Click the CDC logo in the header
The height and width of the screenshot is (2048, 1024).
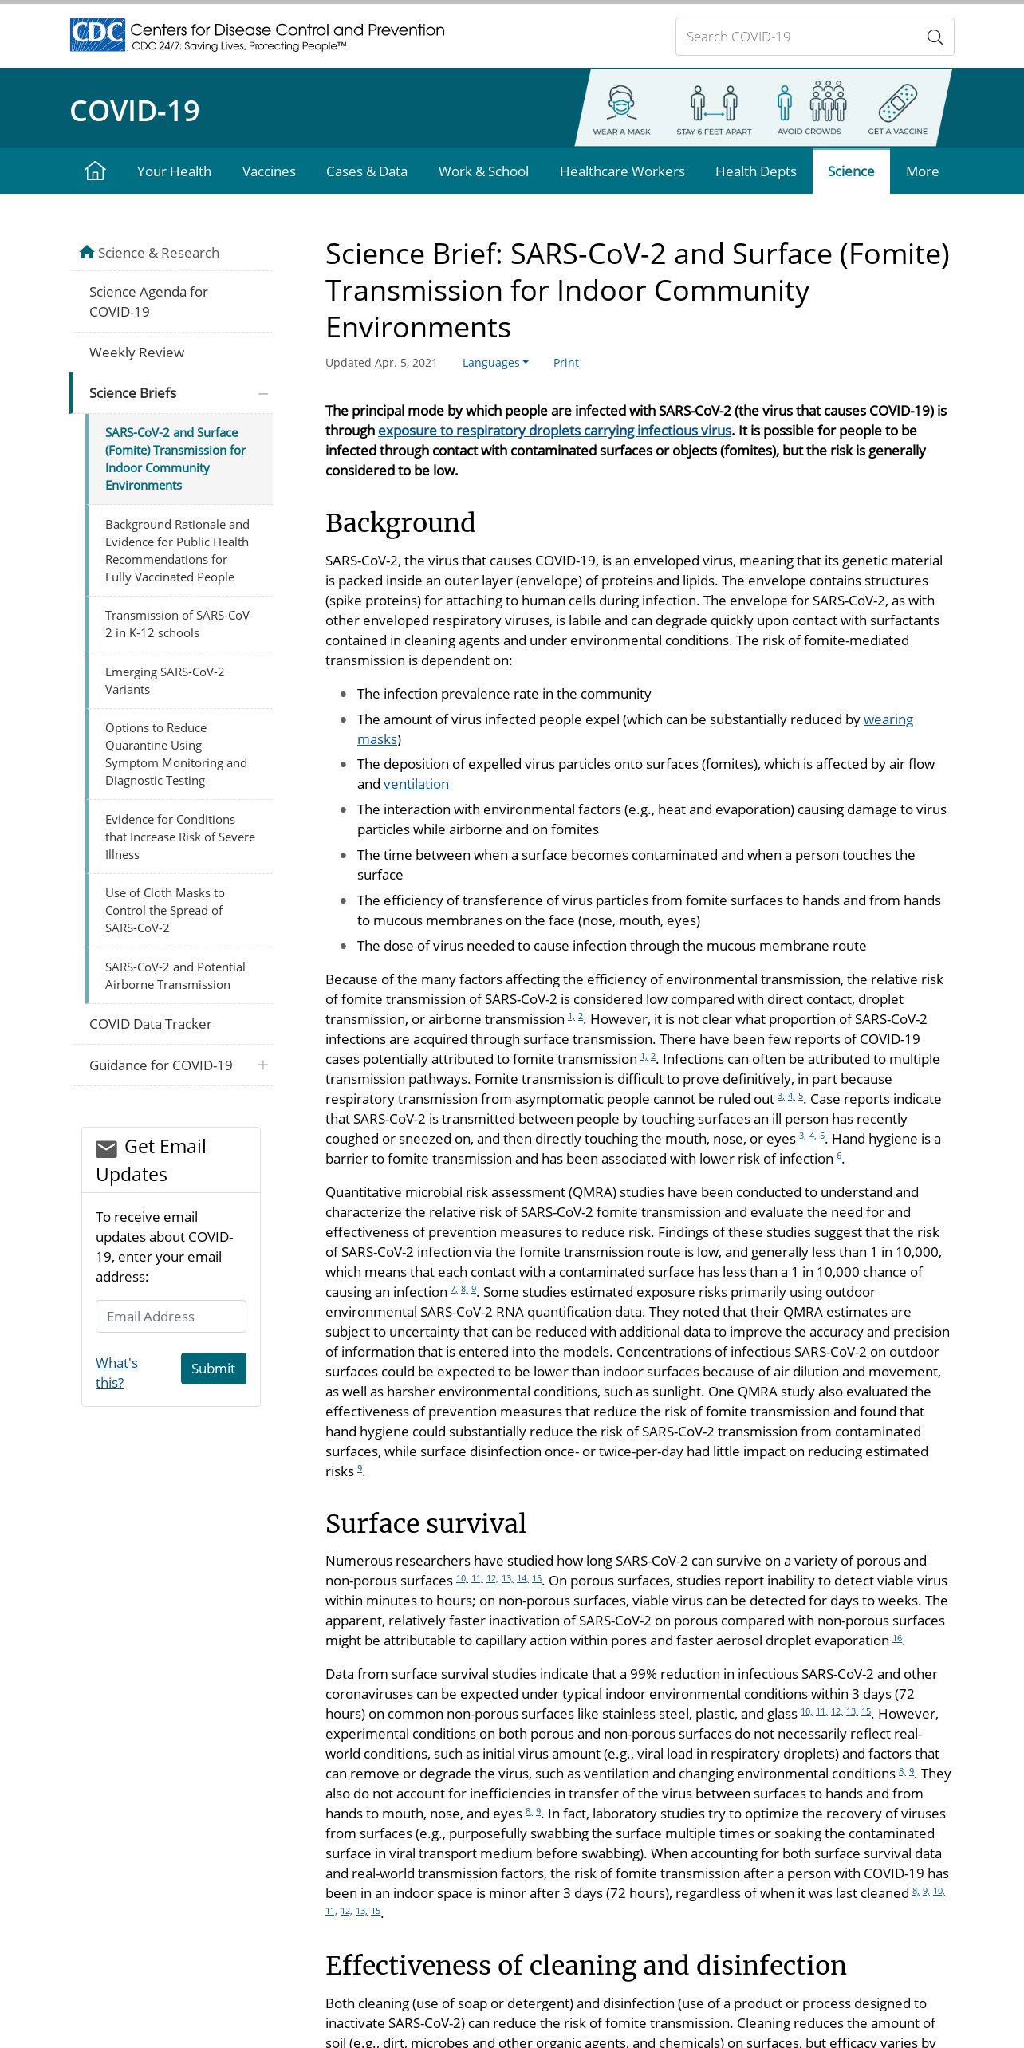click(x=97, y=35)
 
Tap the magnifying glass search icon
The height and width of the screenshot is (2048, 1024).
click(x=935, y=37)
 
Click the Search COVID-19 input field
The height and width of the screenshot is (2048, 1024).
click(x=798, y=37)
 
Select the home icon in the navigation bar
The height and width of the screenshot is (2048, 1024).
click(x=95, y=171)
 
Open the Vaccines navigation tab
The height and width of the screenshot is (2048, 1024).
click(x=269, y=171)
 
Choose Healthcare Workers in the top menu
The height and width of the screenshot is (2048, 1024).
click(x=622, y=171)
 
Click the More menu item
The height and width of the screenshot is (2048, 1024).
click(x=922, y=171)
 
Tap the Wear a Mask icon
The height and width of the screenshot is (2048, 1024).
click(x=621, y=104)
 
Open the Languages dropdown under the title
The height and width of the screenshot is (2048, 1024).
click(x=495, y=363)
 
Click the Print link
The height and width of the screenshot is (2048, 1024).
click(x=565, y=363)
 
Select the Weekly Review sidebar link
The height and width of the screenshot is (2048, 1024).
click(x=136, y=352)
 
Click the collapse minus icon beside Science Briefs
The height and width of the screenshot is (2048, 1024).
click(x=263, y=393)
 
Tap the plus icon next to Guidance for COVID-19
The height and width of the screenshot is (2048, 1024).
click(x=263, y=1065)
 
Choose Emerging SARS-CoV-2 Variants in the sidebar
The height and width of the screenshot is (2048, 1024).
click(x=164, y=680)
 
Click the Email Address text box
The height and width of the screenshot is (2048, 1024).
click(x=171, y=1316)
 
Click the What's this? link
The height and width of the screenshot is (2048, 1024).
click(x=116, y=1373)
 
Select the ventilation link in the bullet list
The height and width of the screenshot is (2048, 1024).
click(x=416, y=784)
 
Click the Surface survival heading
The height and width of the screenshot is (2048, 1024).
click(x=426, y=1523)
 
